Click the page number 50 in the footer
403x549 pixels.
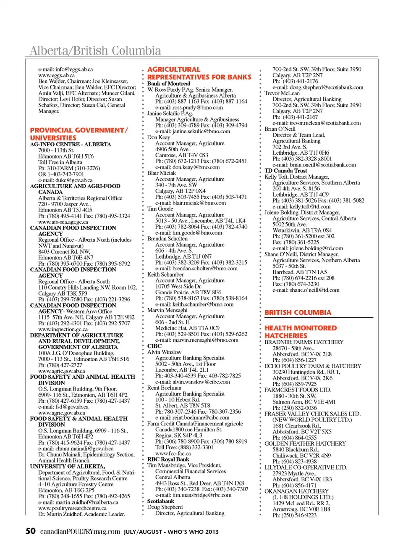(x=31, y=531)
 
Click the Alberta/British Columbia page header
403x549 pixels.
(x=95, y=51)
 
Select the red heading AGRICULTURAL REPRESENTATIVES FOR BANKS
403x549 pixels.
(x=199, y=73)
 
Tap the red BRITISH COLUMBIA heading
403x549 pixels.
(x=298, y=312)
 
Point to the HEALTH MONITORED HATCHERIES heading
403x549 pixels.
(x=301, y=332)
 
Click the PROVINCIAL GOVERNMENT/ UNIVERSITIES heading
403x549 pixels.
(x=79, y=134)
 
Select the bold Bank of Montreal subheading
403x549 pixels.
(x=168, y=84)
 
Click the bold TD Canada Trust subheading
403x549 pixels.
(x=285, y=171)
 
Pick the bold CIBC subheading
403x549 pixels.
(x=154, y=346)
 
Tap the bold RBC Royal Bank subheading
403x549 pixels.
(x=168, y=459)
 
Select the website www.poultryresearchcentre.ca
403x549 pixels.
(x=72, y=508)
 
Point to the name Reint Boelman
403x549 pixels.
(x=164, y=388)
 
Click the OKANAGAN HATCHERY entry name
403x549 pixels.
(x=296, y=491)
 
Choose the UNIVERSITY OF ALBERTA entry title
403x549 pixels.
(x=68, y=467)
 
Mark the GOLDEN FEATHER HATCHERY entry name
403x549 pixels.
(x=305, y=443)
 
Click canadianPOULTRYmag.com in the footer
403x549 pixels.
(x=80, y=532)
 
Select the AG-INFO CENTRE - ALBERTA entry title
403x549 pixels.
(x=71, y=144)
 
